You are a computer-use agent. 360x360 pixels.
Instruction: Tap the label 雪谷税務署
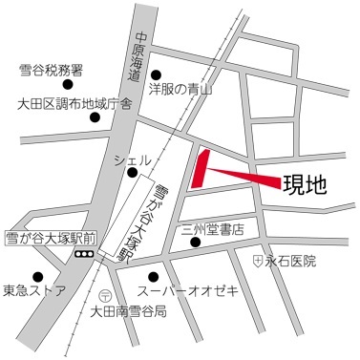tap(51, 71)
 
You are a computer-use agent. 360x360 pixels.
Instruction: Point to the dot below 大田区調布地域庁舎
tap(94, 117)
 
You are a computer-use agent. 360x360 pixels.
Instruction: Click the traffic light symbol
tap(84, 255)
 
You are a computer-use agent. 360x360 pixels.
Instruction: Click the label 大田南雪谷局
tap(128, 312)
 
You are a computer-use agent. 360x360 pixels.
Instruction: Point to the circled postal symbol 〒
tap(106, 294)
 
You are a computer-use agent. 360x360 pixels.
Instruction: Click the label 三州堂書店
tap(212, 230)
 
